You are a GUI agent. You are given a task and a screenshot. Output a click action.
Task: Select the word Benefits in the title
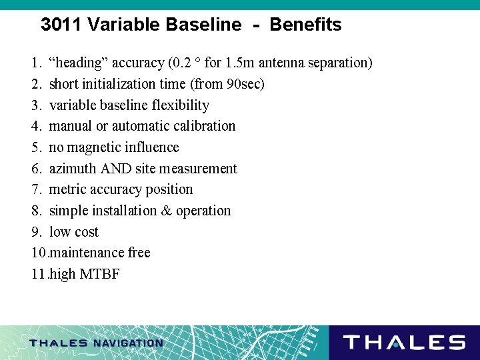[305, 25]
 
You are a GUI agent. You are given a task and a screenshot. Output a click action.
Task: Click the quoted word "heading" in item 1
[79, 63]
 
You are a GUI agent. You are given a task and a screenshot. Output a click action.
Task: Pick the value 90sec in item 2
[245, 84]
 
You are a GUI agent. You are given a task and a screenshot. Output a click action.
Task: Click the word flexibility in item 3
[180, 105]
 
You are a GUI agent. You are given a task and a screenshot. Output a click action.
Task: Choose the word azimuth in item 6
[72, 169]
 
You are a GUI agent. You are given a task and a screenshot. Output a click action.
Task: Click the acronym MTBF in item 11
[99, 274]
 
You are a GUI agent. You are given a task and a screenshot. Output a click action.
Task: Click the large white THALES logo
[403, 343]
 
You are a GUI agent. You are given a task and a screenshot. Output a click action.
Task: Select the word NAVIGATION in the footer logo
[127, 343]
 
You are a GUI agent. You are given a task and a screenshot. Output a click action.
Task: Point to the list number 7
[36, 189]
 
